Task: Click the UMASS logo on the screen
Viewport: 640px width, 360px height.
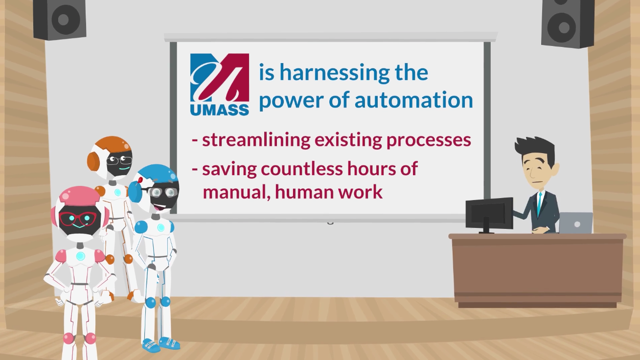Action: [x=219, y=85]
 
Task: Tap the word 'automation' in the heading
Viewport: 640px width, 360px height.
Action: [x=414, y=100]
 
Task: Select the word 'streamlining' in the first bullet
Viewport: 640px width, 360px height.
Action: [x=256, y=140]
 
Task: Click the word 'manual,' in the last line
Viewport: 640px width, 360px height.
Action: [x=237, y=193]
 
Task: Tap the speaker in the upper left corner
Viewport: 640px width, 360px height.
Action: [x=60, y=19]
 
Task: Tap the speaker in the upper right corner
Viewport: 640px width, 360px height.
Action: [x=568, y=23]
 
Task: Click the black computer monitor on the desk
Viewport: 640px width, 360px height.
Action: [x=489, y=214]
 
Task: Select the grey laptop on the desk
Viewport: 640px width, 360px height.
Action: [x=576, y=223]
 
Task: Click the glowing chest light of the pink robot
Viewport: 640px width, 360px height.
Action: [x=80, y=256]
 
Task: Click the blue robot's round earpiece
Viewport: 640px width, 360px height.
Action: [x=135, y=190]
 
